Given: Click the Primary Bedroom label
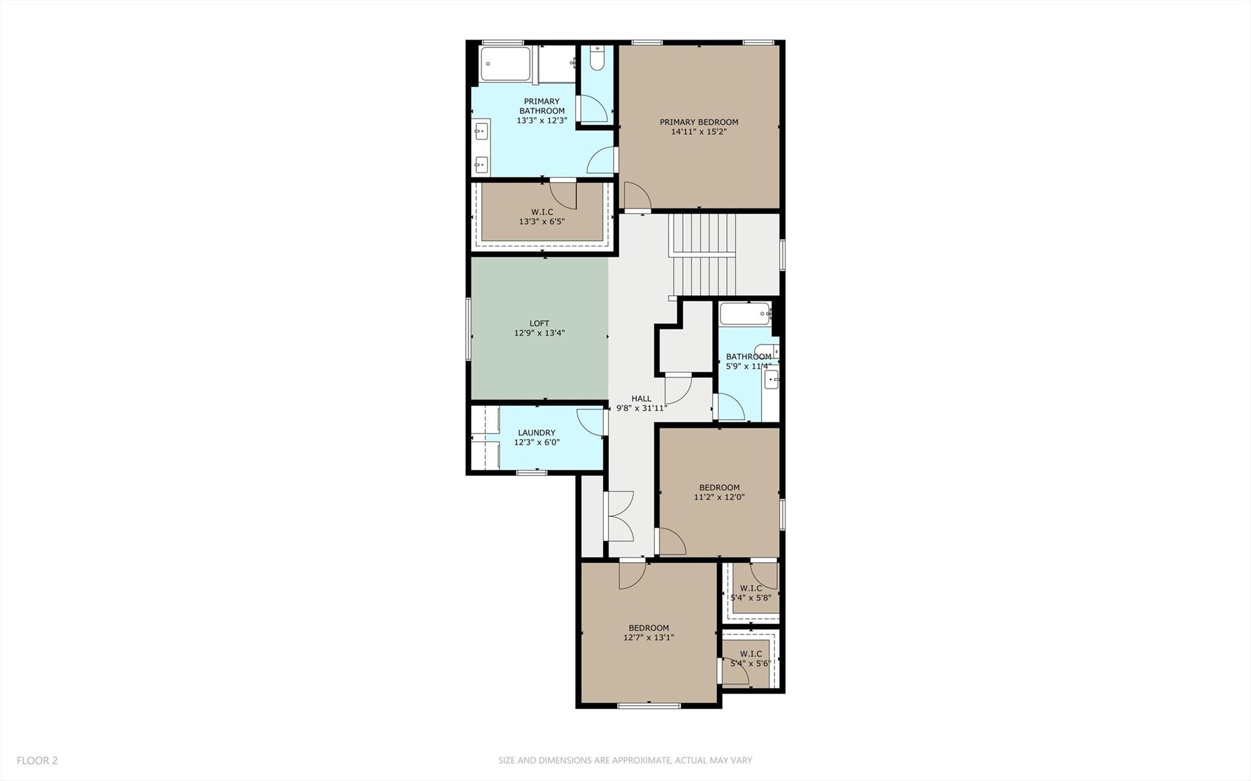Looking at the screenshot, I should [x=699, y=122].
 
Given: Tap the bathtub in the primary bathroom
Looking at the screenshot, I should [x=505, y=64].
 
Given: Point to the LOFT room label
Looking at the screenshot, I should [x=539, y=323].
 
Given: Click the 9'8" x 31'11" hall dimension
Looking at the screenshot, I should [x=641, y=408].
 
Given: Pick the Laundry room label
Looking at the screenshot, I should [x=537, y=433].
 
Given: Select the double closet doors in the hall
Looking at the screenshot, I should [x=620, y=516].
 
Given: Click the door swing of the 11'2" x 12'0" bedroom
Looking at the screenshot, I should [x=671, y=541].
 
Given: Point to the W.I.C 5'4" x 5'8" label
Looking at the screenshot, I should [x=750, y=593].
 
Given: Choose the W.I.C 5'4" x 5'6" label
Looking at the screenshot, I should [x=750, y=658].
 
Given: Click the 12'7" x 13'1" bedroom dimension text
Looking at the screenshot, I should [x=648, y=637].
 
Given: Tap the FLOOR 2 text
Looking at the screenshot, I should [x=37, y=760].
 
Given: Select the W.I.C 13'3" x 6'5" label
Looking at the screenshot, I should [x=542, y=216].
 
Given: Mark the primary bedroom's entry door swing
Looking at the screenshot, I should [x=636, y=196].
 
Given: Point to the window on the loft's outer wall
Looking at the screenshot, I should [x=469, y=328].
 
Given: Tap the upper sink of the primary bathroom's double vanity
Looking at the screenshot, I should [x=482, y=131].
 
